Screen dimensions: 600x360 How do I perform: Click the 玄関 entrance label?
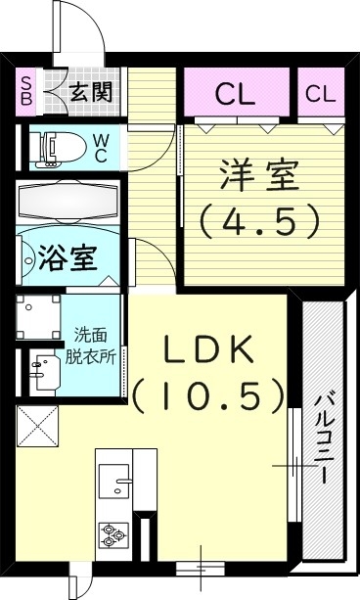[x=91, y=94]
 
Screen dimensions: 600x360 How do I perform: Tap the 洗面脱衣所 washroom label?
[x=94, y=345]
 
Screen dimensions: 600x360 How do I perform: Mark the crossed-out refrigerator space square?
[x=37, y=427]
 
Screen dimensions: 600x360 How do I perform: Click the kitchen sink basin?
[x=123, y=485]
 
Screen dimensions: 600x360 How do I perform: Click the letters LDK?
[x=208, y=349]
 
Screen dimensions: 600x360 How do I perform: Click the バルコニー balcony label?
[x=323, y=437]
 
